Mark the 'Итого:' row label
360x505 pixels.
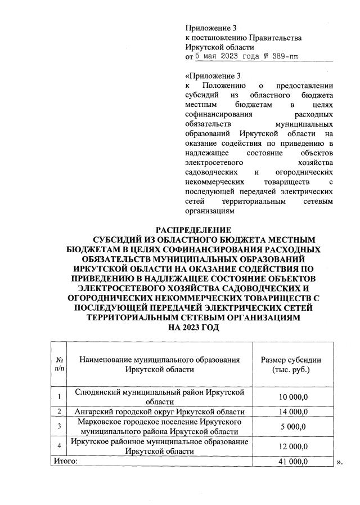pos(65,462)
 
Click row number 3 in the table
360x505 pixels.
pos(59,426)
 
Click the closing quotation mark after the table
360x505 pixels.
pos(339,462)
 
